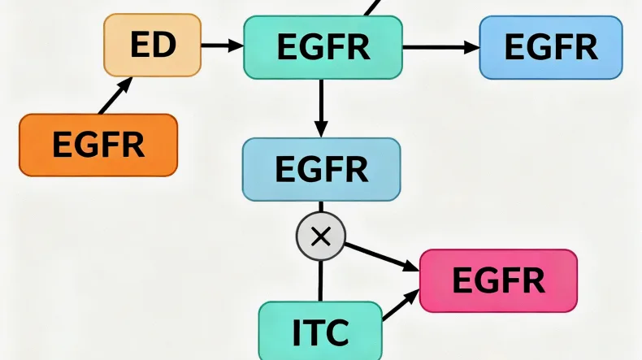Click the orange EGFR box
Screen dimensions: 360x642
[98, 145]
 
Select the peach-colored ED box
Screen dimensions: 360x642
[152, 46]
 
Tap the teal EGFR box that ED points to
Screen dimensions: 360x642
[323, 47]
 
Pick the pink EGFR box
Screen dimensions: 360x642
[498, 280]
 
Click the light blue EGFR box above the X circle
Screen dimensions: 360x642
[321, 169]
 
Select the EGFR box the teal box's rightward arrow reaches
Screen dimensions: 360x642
[550, 47]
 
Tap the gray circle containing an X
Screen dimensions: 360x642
[320, 236]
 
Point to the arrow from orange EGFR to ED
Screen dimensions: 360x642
[115, 97]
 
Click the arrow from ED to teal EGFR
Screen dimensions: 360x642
[222, 46]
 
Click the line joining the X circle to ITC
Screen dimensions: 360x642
[320, 280]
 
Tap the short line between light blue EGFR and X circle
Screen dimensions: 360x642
[320, 207]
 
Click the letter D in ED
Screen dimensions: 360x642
[164, 46]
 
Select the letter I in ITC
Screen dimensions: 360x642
[297, 331]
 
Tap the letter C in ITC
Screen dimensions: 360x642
[336, 331]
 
